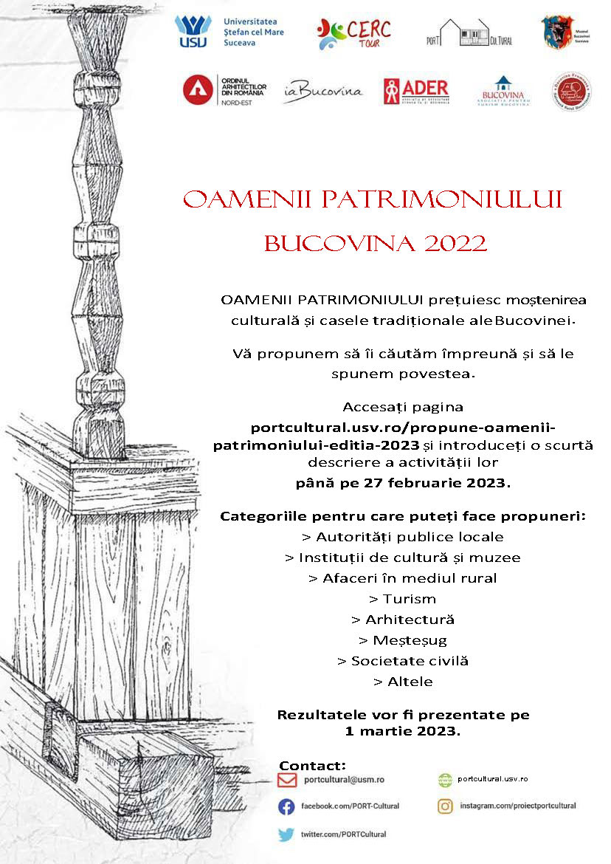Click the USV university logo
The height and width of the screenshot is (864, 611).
coord(193,31)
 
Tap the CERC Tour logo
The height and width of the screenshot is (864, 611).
coord(353,33)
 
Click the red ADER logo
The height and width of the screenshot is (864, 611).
coord(415,91)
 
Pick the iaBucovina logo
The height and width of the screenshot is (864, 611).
coord(322,91)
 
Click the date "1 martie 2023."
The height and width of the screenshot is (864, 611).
coord(402,731)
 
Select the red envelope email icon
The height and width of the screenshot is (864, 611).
coord(287,780)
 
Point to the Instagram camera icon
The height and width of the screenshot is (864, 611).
coord(445,806)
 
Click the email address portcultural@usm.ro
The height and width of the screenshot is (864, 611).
coord(344,780)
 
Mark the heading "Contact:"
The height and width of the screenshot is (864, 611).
coord(312,765)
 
